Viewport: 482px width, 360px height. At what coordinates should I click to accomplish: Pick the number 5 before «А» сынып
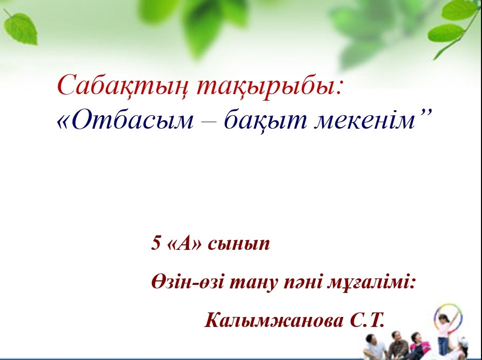156,244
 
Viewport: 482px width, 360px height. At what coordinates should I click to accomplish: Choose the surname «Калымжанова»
274,320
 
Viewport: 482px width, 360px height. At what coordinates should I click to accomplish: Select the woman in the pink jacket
419,345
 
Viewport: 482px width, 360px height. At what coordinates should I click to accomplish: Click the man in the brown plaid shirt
398,345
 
